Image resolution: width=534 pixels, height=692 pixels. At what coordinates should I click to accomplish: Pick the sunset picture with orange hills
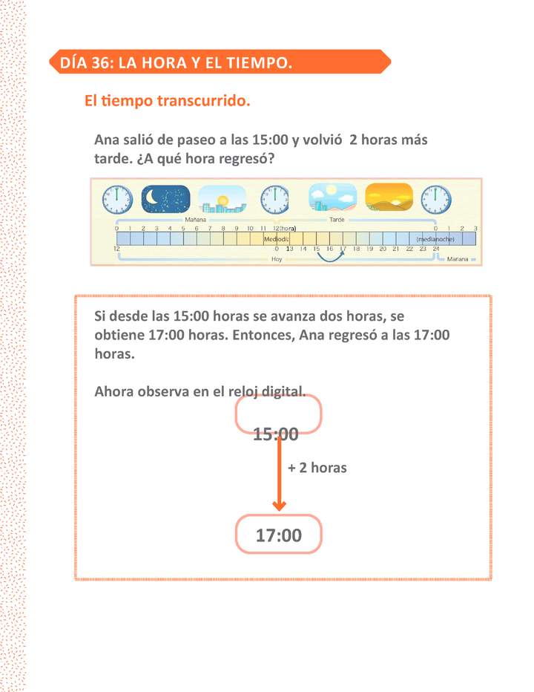pos(389,198)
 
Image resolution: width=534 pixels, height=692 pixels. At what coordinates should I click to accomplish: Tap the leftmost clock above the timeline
pos(116,199)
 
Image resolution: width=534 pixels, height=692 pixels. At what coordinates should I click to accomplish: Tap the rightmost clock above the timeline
pos(436,199)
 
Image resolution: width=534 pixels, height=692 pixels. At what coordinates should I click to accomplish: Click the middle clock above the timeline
pos(275,199)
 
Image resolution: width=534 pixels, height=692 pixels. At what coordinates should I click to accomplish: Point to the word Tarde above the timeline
pos(338,220)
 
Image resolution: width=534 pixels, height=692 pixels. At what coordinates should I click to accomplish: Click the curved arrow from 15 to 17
pos(331,257)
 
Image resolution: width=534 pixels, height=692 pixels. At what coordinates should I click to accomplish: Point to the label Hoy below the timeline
pos(277,260)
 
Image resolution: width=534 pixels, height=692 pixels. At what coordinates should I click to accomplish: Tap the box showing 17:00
pos(279,535)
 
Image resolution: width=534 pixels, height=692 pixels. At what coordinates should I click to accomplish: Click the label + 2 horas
pos(317,469)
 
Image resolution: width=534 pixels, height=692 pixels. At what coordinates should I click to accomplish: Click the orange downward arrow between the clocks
pos(279,475)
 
